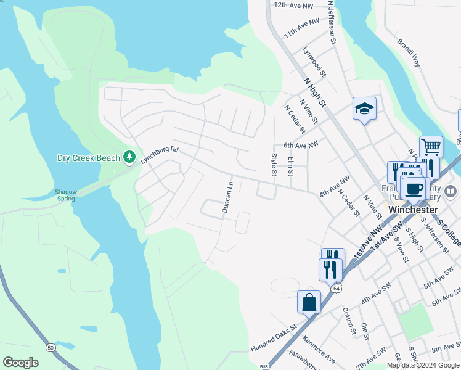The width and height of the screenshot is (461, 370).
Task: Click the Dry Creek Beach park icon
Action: click(x=129, y=157)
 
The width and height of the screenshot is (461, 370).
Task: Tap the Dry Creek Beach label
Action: click(x=88, y=158)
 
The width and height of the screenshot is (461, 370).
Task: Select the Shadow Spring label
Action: click(x=66, y=195)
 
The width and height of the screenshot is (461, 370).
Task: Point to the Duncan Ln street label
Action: click(x=227, y=197)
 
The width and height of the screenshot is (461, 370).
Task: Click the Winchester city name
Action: click(x=414, y=209)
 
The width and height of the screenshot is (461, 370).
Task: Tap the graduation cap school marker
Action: click(x=364, y=109)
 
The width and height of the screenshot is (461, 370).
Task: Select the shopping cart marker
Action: click(x=431, y=147)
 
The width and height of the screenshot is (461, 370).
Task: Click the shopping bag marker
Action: click(x=309, y=302)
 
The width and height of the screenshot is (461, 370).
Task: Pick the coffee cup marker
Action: click(x=415, y=187)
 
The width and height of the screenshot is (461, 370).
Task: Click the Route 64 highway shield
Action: click(x=336, y=288)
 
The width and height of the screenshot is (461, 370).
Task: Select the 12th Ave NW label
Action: click(x=294, y=5)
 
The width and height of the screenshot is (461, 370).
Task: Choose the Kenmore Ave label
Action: click(x=319, y=348)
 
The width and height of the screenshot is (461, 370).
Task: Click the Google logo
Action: click(x=20, y=363)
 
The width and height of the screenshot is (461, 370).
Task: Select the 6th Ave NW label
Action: click(x=301, y=145)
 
